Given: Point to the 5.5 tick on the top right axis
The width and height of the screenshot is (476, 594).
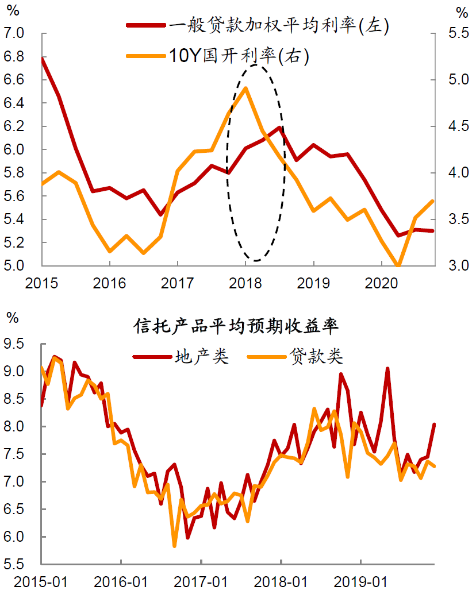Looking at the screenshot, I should (459, 33).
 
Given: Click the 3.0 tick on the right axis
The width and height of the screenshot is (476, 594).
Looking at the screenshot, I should (459, 266).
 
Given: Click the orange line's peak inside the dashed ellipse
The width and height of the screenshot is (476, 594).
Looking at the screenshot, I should (245, 88).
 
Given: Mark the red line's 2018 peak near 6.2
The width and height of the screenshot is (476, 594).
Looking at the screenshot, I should (279, 128).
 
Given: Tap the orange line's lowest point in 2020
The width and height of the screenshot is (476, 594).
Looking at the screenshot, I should (398, 267).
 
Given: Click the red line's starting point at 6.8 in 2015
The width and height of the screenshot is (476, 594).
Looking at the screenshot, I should (42, 58).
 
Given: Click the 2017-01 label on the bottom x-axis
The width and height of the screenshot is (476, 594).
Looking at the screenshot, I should (201, 582).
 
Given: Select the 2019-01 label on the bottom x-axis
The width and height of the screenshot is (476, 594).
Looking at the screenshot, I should (360, 582).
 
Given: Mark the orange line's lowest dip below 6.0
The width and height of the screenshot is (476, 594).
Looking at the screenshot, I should (174, 546).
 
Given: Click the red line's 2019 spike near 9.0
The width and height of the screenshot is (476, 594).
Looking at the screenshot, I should (387, 369).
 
